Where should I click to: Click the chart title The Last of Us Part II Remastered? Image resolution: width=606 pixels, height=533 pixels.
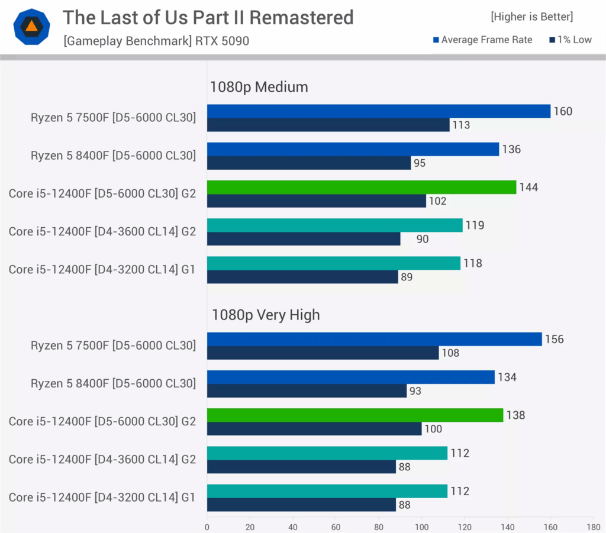pos(208,18)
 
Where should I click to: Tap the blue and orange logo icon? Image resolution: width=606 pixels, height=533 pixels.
pos(31,27)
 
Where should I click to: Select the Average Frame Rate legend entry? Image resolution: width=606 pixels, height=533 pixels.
pos(482,40)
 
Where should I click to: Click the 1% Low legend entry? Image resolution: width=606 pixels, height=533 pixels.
pos(570,40)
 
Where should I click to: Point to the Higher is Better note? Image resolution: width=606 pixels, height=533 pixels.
pos(531,17)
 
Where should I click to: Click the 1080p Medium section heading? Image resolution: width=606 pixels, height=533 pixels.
pos(259,87)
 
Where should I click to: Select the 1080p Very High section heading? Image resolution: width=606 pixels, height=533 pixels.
pos(265,315)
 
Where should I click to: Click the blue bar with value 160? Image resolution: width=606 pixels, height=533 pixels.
pos(378,111)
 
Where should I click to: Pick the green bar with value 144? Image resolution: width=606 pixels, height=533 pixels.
pos(361,187)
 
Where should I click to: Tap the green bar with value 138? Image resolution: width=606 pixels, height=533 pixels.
pos(354,415)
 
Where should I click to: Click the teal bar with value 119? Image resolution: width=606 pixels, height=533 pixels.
pos(334,225)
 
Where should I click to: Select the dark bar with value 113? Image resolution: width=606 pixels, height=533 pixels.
pos(328,125)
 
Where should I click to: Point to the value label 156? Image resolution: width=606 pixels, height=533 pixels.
pos(555,339)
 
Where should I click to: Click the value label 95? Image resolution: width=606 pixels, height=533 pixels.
pos(420,163)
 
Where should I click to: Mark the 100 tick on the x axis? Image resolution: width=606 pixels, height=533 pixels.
pos(421,526)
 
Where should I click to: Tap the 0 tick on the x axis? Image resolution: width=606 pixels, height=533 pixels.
pos(207,526)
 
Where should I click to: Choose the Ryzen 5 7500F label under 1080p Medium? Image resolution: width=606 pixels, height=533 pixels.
pos(113,118)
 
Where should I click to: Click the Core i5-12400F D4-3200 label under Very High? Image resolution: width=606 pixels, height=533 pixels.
pos(102,498)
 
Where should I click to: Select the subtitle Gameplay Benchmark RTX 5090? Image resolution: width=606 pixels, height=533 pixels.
pos(156,41)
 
